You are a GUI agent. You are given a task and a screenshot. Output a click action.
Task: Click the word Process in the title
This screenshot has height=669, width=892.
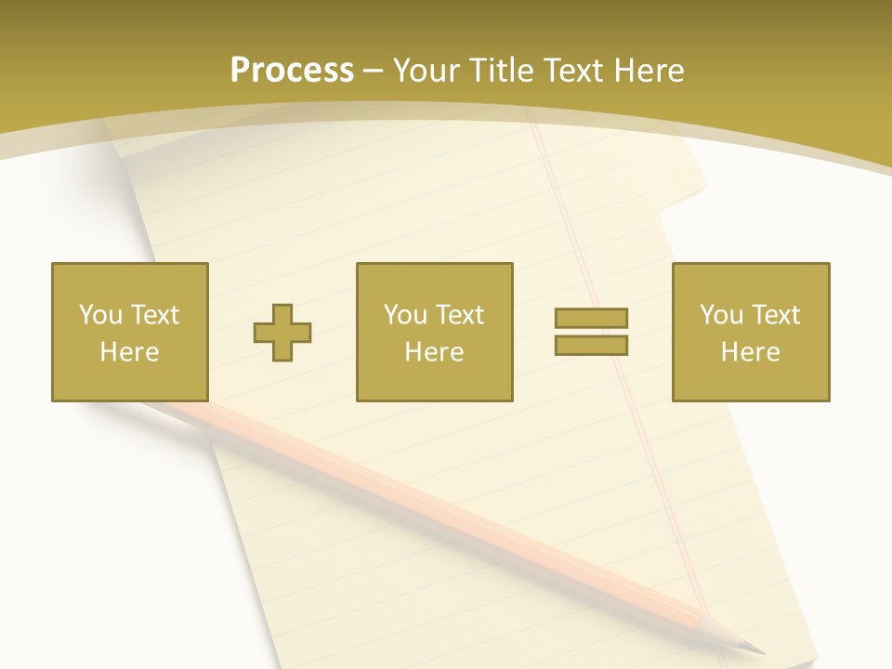pos(292,71)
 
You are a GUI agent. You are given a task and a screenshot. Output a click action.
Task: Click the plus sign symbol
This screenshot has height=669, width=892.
pos(282,332)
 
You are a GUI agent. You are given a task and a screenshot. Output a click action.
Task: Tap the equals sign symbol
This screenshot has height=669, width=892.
pos(591,332)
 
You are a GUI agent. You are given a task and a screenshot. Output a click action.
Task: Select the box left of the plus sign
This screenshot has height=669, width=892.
pos(129,332)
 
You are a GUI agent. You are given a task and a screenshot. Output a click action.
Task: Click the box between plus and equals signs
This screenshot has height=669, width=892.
pos(434,332)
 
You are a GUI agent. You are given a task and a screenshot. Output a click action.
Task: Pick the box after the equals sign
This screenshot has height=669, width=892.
pos(750,332)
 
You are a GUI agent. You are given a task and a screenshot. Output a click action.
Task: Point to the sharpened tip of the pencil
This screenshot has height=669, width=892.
pos(756,649)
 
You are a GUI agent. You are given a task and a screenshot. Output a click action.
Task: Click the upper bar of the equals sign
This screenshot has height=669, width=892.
pos(591,319)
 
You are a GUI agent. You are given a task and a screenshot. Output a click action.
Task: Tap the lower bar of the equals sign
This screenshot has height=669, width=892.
pos(591,345)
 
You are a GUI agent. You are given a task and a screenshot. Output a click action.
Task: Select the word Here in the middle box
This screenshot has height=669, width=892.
pos(434,352)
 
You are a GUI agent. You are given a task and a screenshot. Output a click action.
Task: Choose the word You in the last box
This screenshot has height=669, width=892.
pos(721,315)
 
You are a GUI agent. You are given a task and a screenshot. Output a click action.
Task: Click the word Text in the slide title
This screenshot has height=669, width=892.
pos(573,71)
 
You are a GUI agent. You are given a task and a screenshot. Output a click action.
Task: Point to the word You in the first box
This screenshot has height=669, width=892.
pos(100,315)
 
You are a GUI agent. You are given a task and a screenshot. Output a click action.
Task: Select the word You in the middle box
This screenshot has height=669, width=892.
pos(405,315)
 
